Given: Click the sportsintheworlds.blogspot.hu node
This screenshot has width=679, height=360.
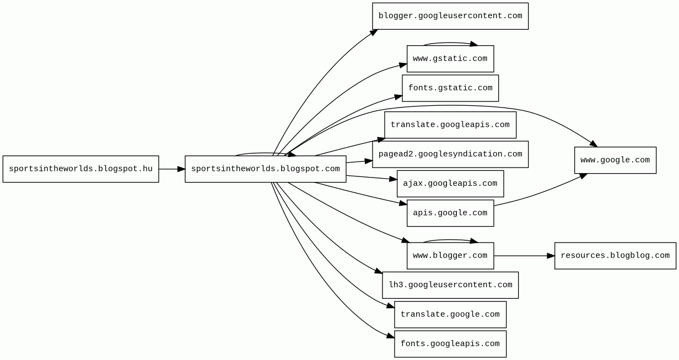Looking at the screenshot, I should pos(80,169).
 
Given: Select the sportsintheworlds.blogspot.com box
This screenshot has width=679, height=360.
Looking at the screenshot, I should pos(265,169).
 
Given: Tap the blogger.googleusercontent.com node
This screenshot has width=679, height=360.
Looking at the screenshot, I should pos(450,16).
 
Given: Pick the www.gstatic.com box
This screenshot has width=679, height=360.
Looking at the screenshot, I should pos(450,58).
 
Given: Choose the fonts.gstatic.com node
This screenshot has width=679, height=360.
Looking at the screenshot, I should pos(450,88).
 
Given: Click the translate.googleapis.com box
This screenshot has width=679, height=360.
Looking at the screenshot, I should pos(450,125).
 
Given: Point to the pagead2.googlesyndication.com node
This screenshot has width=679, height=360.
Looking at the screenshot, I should pos(450,154).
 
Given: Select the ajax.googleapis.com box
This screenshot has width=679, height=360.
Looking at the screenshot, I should pos(450,184).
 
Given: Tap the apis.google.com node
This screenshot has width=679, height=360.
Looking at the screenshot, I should pos(450,213).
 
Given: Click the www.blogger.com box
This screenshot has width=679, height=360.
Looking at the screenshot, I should pos(450,256).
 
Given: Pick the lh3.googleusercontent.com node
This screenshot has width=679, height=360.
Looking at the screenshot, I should pos(450,285).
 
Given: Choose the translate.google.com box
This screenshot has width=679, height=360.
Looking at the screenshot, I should pos(450,314).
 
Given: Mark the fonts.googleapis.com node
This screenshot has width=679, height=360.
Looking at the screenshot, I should pos(450,344).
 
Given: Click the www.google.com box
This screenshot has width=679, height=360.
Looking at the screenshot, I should pos(615,160).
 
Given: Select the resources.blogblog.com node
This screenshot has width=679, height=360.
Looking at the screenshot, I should pos(615,256).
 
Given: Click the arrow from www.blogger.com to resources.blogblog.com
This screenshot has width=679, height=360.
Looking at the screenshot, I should pos(524,256).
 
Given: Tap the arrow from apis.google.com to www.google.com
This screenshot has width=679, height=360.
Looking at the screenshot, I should pos(540,193).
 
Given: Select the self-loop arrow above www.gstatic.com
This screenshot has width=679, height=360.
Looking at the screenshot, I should pos(450,42).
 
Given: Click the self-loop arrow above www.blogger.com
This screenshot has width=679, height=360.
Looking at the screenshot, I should pos(450,240).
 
